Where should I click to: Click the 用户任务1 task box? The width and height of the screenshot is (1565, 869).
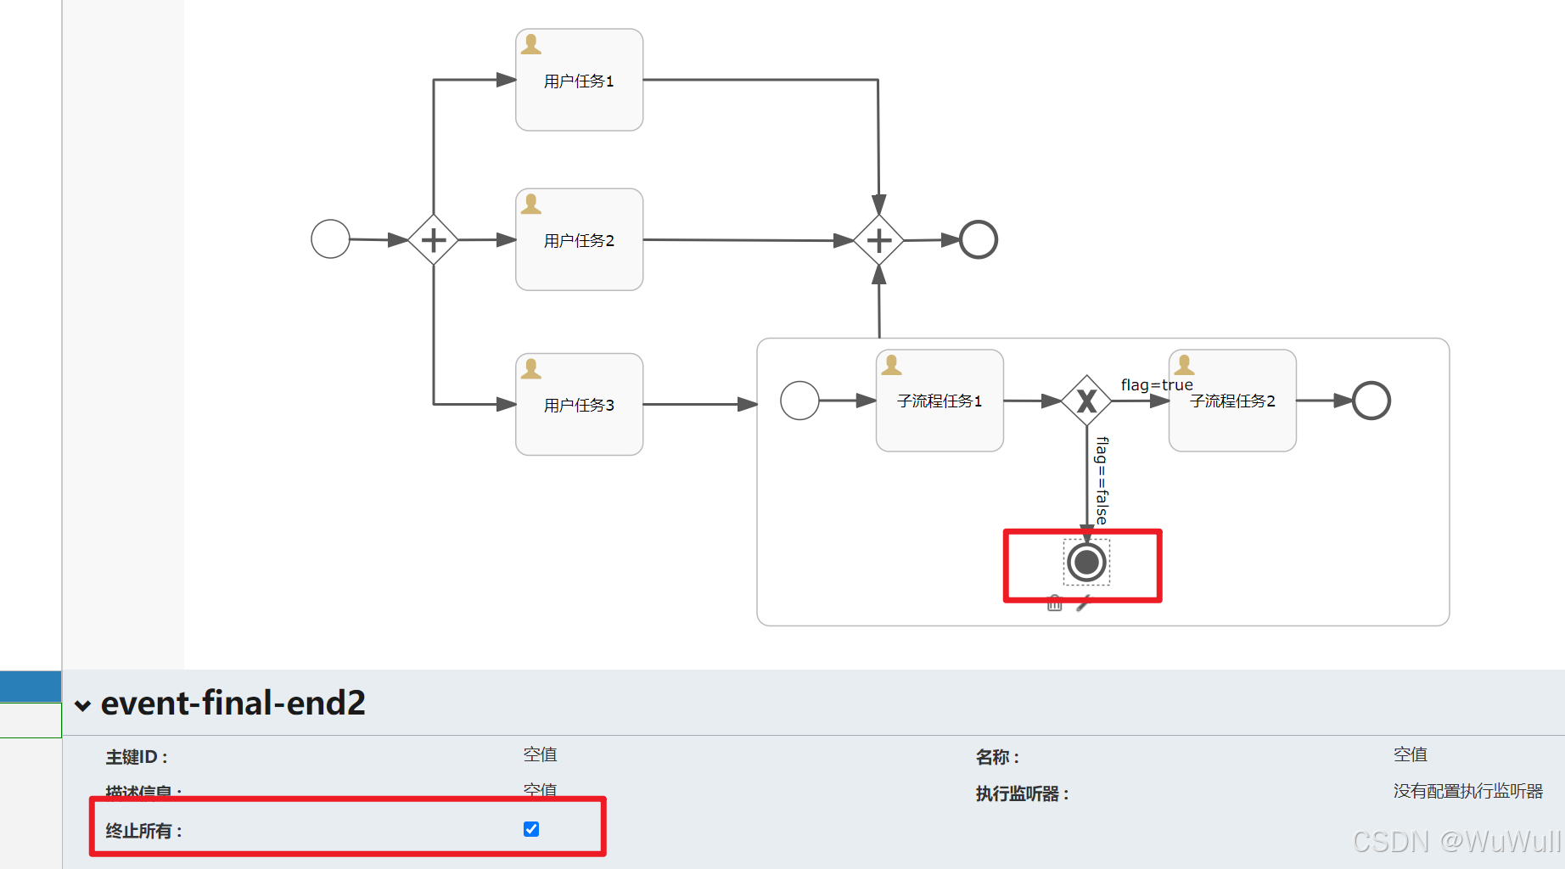[579, 80]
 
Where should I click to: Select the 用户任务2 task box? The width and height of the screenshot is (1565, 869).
[579, 239]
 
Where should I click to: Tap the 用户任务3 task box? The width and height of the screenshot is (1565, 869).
[579, 404]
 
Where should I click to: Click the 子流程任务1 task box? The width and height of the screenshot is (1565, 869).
[940, 401]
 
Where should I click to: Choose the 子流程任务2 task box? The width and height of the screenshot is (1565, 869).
[1232, 401]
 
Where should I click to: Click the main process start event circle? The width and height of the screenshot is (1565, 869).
[330, 238]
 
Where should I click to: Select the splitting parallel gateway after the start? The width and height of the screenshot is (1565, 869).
[433, 240]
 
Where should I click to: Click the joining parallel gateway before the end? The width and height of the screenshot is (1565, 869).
[878, 240]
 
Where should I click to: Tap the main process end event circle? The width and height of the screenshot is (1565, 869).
[978, 239]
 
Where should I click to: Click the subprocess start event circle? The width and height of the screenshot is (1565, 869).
[799, 401]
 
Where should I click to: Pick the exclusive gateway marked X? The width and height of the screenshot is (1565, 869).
[1086, 401]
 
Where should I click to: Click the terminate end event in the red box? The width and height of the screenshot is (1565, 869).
[1086, 562]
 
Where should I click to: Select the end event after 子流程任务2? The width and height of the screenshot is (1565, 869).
[1371, 401]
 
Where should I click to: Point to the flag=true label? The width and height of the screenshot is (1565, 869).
[1156, 384]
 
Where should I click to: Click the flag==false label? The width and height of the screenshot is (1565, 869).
[1102, 480]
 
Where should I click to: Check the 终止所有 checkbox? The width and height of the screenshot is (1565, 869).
[531, 829]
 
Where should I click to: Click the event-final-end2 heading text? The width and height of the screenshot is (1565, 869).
[233, 703]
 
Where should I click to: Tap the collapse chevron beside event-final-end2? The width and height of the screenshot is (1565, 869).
[82, 705]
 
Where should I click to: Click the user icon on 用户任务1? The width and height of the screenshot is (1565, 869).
[531, 44]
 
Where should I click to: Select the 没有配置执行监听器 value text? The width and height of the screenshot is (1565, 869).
[1467, 791]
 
